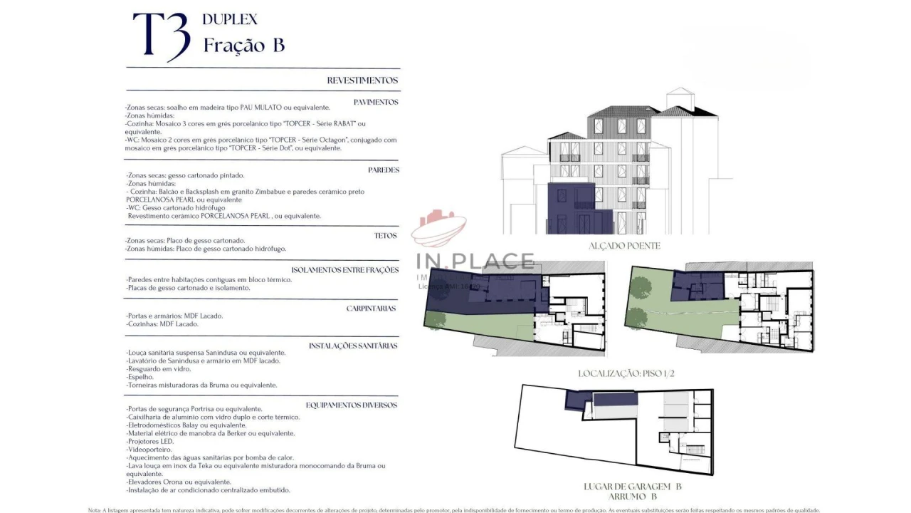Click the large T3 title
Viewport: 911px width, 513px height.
pos(162,36)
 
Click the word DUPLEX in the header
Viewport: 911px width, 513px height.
pos(230,19)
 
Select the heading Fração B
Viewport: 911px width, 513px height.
pos(244,45)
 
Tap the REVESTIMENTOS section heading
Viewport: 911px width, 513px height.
pos(362,81)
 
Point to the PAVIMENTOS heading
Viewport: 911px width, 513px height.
pos(376,102)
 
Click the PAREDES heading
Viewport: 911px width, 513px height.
pos(384,170)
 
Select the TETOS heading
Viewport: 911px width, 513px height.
pos(385,235)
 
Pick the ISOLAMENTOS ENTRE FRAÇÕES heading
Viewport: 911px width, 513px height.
pos(344,270)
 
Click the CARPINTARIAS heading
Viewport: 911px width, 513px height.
pos(371,309)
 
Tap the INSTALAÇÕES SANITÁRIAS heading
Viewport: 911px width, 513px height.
pos(353,346)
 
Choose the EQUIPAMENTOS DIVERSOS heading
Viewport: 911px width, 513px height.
pos(352,405)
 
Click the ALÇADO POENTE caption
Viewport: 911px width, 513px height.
pos(624,246)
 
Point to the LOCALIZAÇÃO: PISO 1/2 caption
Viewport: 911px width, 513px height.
pos(626,373)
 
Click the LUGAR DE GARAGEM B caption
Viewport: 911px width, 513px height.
pos(633,487)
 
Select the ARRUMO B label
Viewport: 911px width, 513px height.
pos(633,497)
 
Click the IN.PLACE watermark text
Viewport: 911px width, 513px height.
pos(475,261)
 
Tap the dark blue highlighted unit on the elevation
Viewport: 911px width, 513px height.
pos(569,207)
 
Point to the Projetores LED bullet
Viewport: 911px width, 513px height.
pos(150,441)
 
